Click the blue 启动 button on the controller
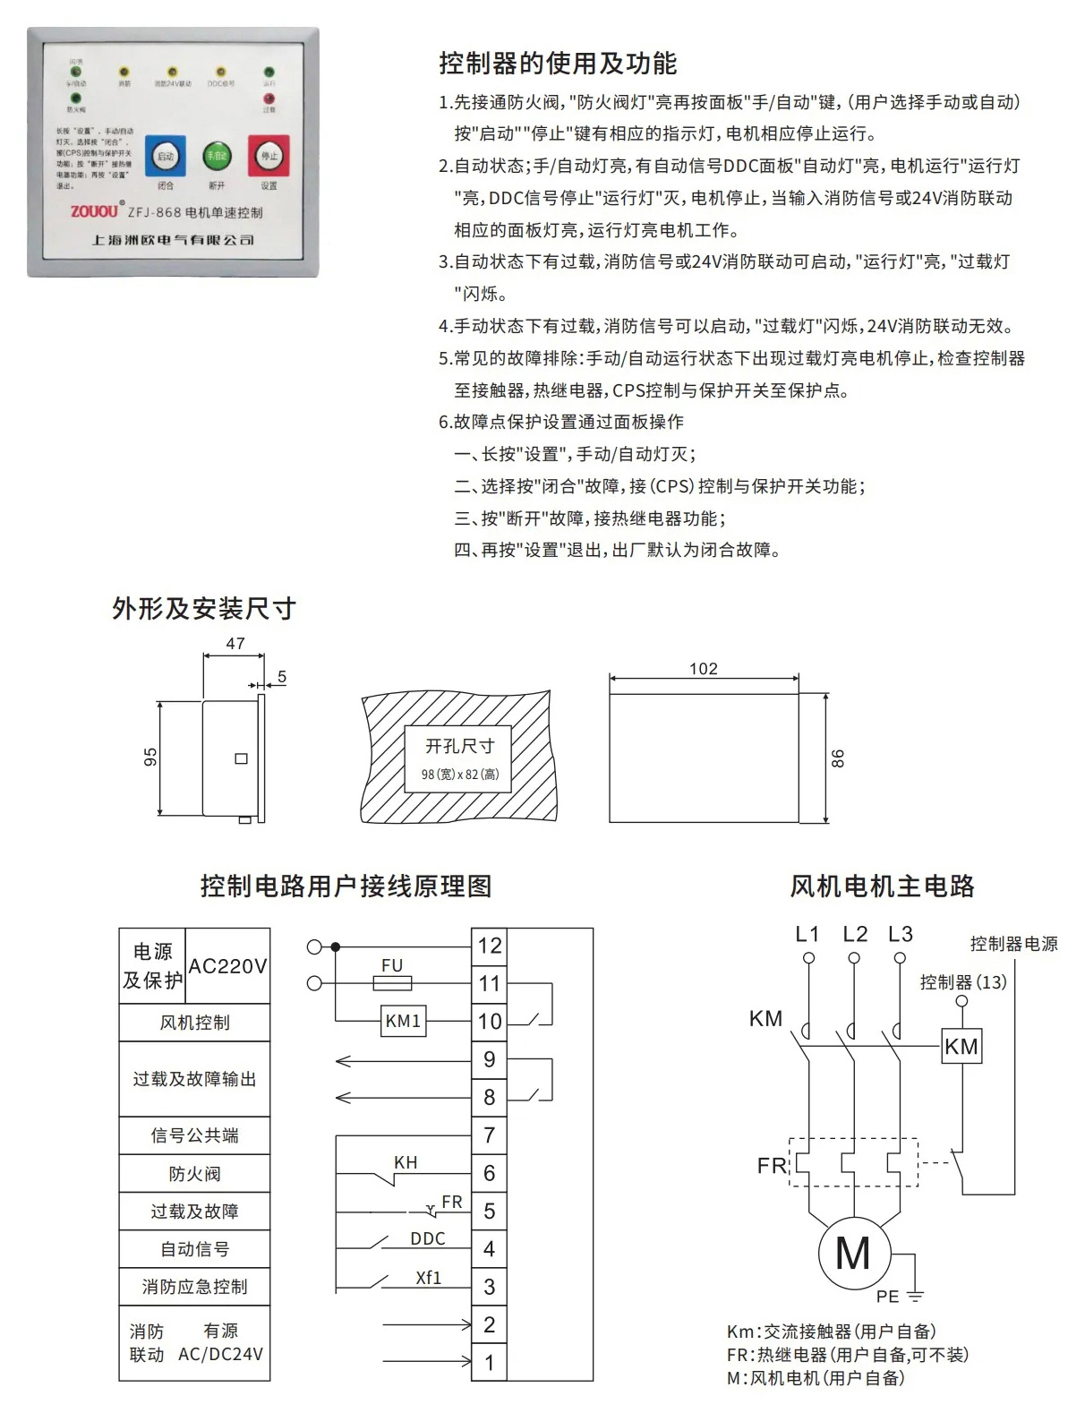pos(166,157)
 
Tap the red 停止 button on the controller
pos(269,156)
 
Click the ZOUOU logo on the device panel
pos(94,211)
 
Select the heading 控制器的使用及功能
pos(558,64)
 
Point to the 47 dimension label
pos(235,644)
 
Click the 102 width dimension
pos(704,669)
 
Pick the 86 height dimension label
pos(838,758)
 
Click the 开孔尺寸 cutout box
pos(459,758)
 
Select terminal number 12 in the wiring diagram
pos(490,946)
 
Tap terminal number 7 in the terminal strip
pos(490,1135)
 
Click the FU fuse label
pos(392,966)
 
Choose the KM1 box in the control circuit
pos(403,1022)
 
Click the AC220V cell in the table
pos(227,966)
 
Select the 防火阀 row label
pos(194,1174)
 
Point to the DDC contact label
pos(428,1239)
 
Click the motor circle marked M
pos(853,1254)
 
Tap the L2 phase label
pos(855,935)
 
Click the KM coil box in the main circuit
pos(961,1047)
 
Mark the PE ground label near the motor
pos(888,1297)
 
